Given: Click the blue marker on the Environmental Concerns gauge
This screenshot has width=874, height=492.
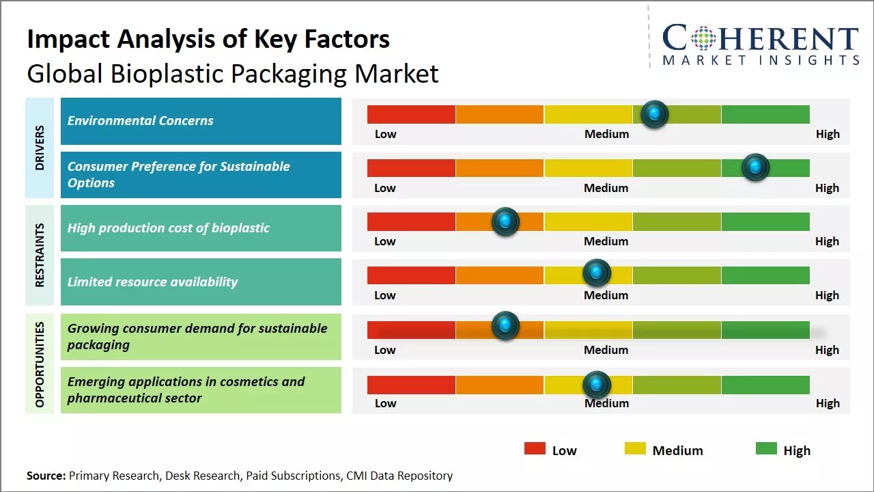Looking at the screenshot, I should coord(655,114).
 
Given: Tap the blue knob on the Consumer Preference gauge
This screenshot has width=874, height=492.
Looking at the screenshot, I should coord(755,167).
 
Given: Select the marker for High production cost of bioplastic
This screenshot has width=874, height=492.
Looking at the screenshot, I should coord(505,221).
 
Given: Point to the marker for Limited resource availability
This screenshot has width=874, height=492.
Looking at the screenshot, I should coord(596,273).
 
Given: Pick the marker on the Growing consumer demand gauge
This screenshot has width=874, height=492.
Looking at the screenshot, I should coord(505,326).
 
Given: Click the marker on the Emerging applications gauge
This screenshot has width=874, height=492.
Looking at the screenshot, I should coord(596,385).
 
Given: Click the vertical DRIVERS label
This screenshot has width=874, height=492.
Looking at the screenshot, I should coord(40,148).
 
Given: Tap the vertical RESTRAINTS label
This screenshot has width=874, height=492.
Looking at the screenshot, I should coord(40,255).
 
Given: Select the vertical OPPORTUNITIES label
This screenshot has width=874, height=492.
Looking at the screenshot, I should coord(40,364).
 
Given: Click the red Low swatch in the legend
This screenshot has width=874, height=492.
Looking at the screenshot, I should coord(535,449).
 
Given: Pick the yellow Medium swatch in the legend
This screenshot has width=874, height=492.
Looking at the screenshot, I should coord(635,449).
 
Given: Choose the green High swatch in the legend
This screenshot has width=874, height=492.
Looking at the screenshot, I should coord(766,449).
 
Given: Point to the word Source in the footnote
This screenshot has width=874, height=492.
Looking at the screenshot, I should coord(46,476).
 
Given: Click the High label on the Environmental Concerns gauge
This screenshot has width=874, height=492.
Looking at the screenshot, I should coord(828,134).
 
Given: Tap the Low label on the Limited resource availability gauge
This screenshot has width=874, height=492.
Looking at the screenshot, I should coord(385,295).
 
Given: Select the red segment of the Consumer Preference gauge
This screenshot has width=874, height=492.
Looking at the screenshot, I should coord(411,168).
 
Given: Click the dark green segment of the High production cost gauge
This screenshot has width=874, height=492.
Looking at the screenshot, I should coord(765,221).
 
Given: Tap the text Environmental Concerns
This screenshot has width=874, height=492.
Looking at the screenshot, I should coord(140,121).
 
